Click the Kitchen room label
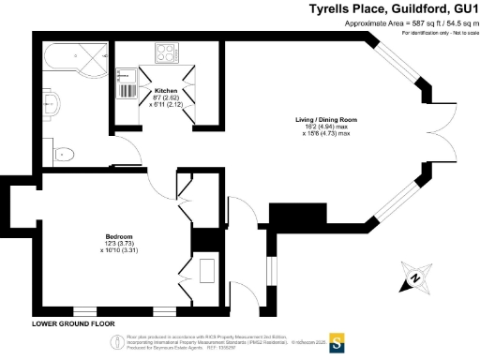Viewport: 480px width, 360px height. tap(166, 91)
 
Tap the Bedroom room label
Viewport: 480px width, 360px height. tap(118, 235)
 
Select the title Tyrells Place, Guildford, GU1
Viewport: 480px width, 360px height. tap(394, 8)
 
